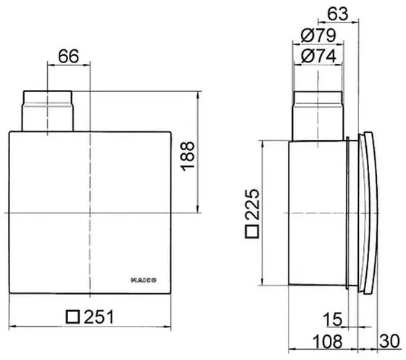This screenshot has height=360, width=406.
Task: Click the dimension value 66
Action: (x=68, y=56)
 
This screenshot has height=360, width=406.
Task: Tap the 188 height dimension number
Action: (x=188, y=156)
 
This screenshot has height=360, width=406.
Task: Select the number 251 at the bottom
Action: (x=99, y=316)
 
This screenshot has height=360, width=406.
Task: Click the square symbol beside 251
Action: (x=72, y=316)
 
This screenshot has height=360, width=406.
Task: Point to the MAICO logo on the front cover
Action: (x=144, y=280)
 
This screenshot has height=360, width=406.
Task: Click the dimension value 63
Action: (x=338, y=14)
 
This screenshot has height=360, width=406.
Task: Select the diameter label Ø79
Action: (x=318, y=36)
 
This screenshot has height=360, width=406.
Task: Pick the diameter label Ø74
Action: (x=319, y=56)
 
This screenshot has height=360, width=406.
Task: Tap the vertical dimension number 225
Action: (x=252, y=205)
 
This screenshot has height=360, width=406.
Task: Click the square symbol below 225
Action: (x=252, y=232)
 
